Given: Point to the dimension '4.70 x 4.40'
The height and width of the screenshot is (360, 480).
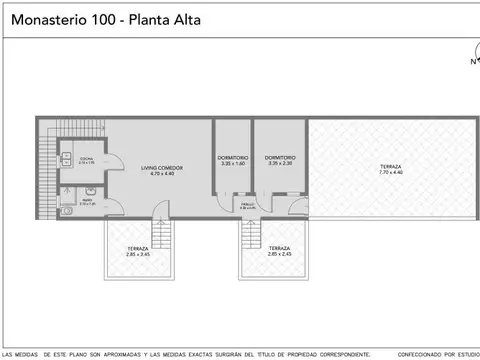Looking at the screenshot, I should (x=155, y=174).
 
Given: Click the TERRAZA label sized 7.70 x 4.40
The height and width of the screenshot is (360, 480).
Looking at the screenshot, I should (x=390, y=167).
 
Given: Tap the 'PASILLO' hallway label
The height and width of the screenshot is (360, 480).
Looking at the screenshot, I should (x=246, y=205).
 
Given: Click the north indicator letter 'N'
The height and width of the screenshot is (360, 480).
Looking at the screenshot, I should (x=473, y=61).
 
